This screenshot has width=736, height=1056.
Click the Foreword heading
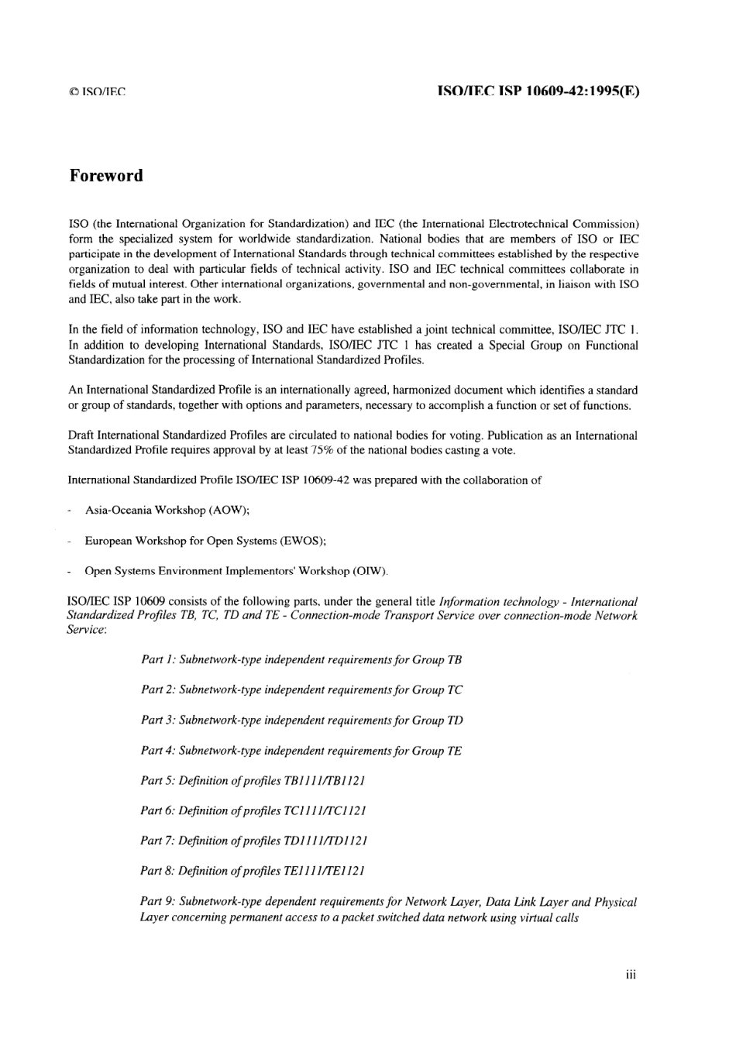click(x=106, y=176)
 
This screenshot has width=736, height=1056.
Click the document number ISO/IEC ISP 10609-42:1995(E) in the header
click(x=538, y=91)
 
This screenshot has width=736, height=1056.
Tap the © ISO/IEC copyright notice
click(x=97, y=92)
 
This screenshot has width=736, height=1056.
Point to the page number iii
click(x=631, y=975)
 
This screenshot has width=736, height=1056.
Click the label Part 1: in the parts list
click(x=158, y=659)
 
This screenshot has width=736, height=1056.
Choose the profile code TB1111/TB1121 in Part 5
click(x=325, y=780)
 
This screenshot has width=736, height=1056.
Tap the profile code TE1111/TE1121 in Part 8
click(x=325, y=871)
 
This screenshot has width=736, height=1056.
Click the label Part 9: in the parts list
click(x=157, y=902)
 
